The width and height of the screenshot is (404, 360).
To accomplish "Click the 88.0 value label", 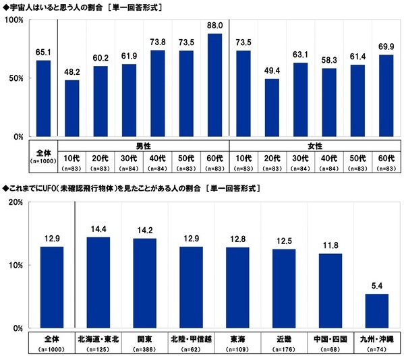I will pyautogui.click(x=214, y=26).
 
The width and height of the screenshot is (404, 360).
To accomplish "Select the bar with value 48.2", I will pyautogui.click(x=71, y=109).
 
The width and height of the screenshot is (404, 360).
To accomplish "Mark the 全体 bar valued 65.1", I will pyautogui.click(x=43, y=98).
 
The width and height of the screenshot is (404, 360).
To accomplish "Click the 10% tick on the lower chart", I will pyautogui.click(x=16, y=266).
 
